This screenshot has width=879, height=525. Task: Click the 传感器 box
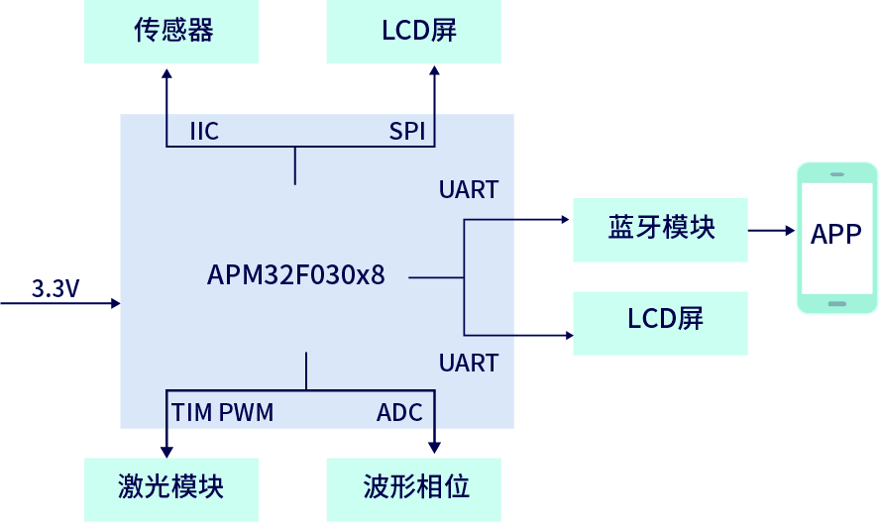pos(170,32)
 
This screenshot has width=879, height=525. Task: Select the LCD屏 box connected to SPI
pos(414,32)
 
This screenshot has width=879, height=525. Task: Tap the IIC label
pos(203,132)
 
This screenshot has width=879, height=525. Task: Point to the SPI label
pos(406,132)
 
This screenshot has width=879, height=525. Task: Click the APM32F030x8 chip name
pos(295,275)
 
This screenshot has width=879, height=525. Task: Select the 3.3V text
pos(55,289)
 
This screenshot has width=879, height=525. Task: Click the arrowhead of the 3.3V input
pos(115,303)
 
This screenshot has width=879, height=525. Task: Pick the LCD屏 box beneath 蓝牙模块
pos(661,323)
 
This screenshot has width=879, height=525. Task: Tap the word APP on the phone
pos(836,235)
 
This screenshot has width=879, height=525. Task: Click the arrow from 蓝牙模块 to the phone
pos(773,230)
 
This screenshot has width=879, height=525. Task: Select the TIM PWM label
pos(223,412)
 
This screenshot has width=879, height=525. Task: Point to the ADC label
pos(399,412)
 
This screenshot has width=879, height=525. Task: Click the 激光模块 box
pos(170,488)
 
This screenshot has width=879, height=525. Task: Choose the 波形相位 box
pos(414,488)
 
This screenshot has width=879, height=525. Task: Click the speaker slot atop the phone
pos(837,172)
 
